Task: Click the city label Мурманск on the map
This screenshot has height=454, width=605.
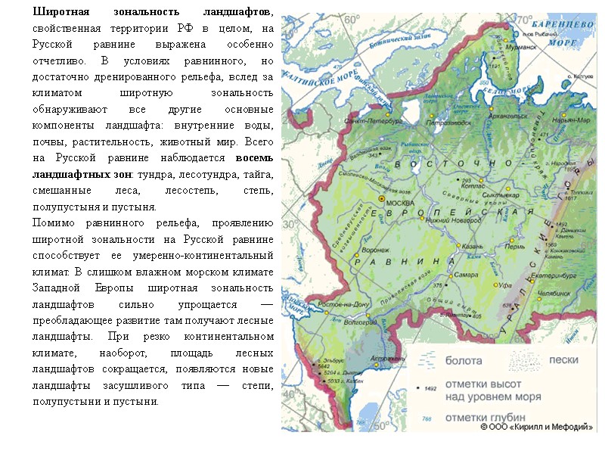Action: pos(521,47)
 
